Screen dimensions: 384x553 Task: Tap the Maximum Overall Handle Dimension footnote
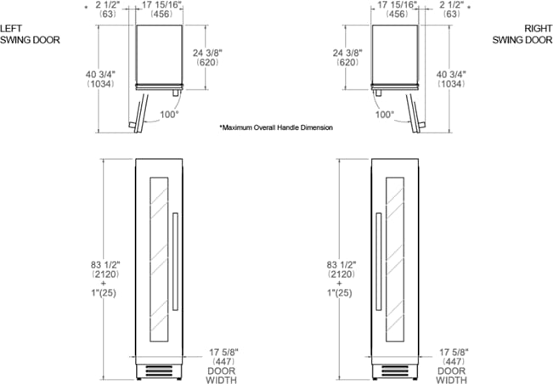point(276,127)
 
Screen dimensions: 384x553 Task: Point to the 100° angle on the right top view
point(384,113)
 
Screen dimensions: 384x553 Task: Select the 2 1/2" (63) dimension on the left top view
point(109,10)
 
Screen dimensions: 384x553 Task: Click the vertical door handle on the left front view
point(174,261)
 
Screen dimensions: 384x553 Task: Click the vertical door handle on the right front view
point(377,261)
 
